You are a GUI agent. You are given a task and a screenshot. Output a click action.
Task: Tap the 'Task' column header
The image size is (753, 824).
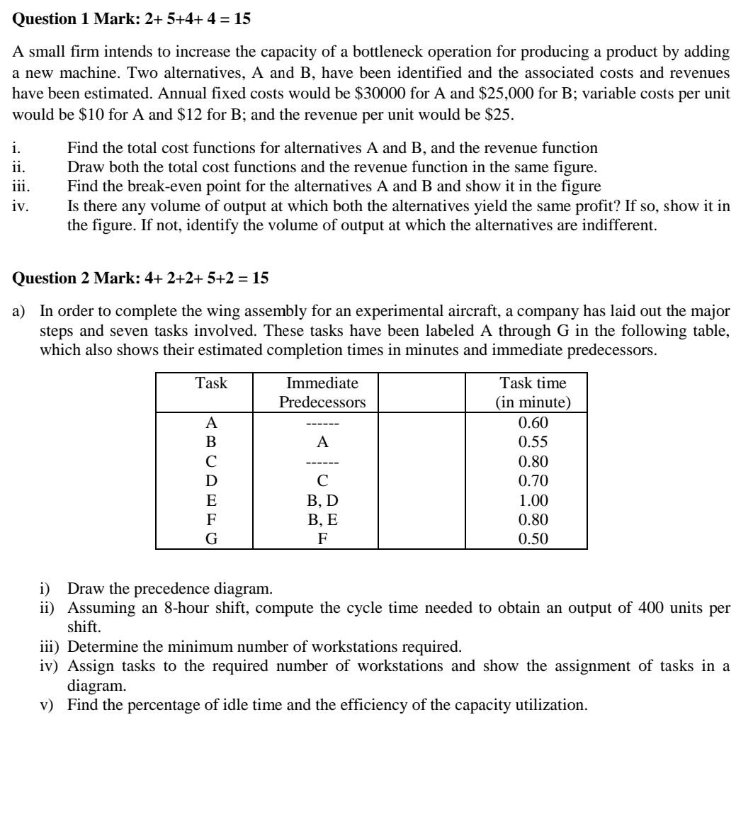[x=211, y=384]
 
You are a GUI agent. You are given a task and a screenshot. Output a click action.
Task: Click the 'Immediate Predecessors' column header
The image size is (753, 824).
[x=322, y=393]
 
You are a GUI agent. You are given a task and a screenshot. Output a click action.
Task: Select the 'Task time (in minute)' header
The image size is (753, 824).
[x=533, y=393]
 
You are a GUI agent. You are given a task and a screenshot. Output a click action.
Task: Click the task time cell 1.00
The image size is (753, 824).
[x=533, y=501]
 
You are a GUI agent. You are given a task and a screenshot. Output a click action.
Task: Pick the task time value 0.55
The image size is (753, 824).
[x=533, y=443]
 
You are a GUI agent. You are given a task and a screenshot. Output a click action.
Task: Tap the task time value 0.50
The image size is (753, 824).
[x=533, y=539]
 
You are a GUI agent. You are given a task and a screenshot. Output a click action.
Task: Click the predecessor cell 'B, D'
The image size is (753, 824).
[x=322, y=501]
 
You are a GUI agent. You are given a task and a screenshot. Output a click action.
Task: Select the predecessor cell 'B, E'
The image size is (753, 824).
[x=322, y=520]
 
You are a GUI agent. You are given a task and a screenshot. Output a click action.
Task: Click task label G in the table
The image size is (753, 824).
[x=211, y=539]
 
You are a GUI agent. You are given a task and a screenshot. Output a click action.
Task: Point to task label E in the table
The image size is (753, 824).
[x=211, y=501]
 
